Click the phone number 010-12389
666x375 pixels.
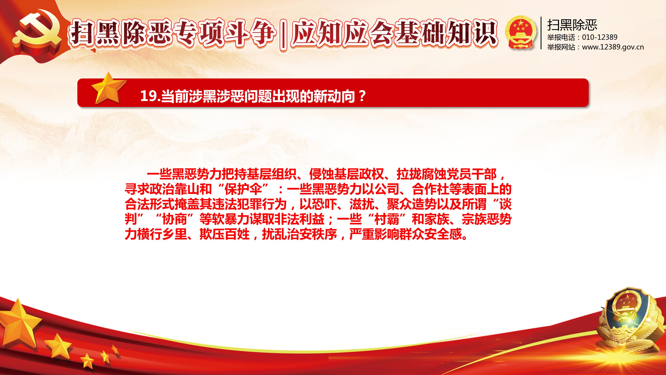click(x=600, y=37)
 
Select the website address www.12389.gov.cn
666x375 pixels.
click(x=613, y=47)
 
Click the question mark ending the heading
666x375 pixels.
click(x=362, y=96)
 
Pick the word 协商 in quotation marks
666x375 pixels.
click(x=174, y=219)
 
